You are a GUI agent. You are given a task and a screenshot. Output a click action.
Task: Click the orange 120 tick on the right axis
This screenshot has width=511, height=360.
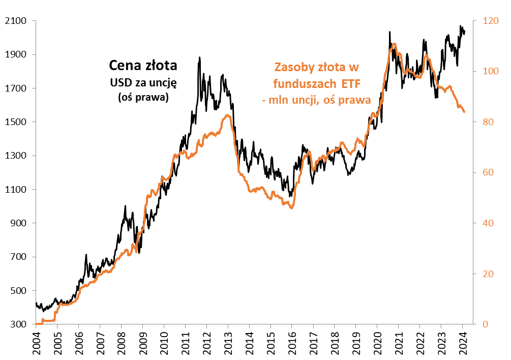point(484,21)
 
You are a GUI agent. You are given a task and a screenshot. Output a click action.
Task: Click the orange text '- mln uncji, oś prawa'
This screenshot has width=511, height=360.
point(316,100)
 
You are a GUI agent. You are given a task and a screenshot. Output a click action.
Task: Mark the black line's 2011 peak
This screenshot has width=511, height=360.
point(199,57)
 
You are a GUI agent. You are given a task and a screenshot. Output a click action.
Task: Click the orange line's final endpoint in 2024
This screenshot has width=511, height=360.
point(464,112)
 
